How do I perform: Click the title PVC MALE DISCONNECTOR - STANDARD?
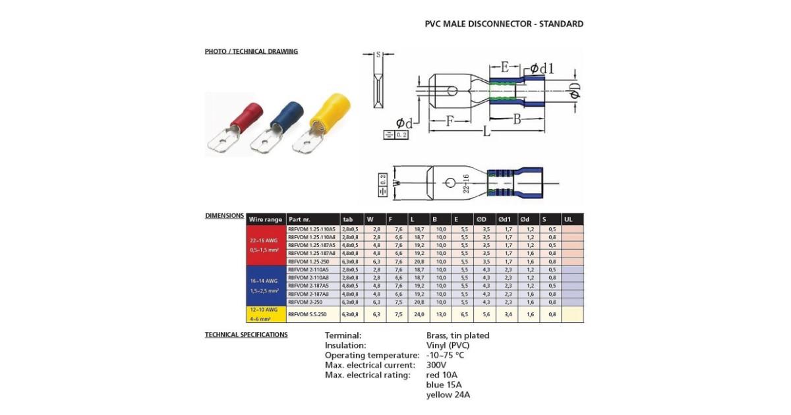coord(504,24)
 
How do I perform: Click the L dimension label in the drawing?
coord(486,132)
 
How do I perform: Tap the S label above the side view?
coord(378,55)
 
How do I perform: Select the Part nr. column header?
coord(300,219)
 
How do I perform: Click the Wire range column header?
coord(266,219)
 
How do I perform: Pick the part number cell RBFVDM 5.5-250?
coord(307,315)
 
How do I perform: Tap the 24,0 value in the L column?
coord(418,315)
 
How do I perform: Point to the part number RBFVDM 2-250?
coord(305,302)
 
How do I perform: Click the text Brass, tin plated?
coord(458,335)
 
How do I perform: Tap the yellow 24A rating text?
coord(448,395)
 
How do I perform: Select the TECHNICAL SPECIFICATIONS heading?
coord(246,335)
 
